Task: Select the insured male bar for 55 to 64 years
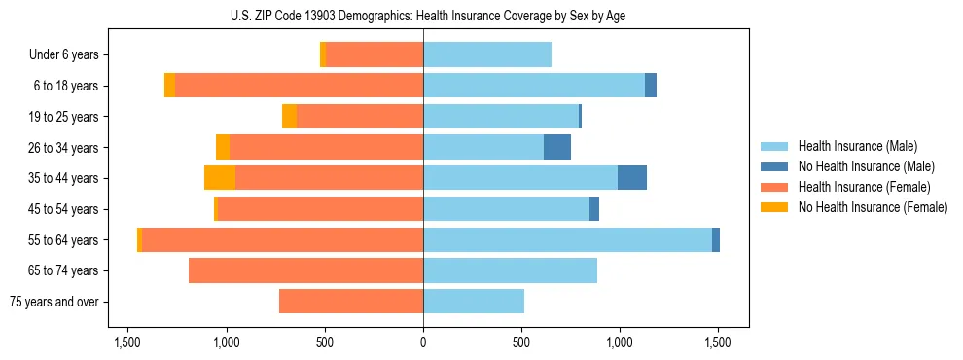click(x=567, y=239)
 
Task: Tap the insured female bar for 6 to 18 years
click(x=299, y=86)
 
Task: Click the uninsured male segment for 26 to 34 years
click(x=556, y=147)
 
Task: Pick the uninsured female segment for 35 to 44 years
click(x=220, y=178)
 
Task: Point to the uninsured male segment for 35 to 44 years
click(x=632, y=178)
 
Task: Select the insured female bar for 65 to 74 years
click(x=305, y=270)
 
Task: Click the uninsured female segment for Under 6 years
click(x=323, y=54)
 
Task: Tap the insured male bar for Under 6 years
click(x=487, y=54)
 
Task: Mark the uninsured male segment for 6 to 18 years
click(x=651, y=86)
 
